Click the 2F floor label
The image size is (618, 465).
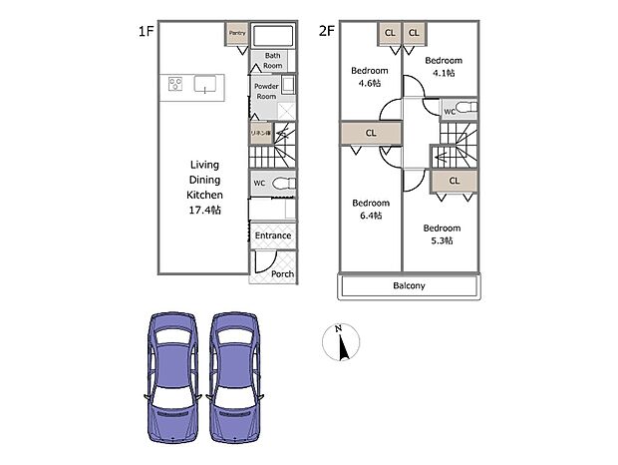(325, 29)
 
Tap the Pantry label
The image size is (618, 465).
(237, 33)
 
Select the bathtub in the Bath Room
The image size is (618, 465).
(272, 35)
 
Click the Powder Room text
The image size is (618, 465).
(265, 91)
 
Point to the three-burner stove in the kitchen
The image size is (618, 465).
(174, 85)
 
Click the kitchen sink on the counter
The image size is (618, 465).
(205, 84)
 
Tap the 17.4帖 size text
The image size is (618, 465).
(205, 212)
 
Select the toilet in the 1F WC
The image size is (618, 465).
(281, 184)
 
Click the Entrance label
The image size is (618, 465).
(272, 235)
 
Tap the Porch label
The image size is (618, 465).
(282, 273)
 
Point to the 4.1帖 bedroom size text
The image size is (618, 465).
(440, 74)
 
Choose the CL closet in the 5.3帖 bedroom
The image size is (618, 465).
(454, 181)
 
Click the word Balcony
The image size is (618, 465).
(408, 285)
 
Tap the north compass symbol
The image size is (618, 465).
(341, 344)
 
